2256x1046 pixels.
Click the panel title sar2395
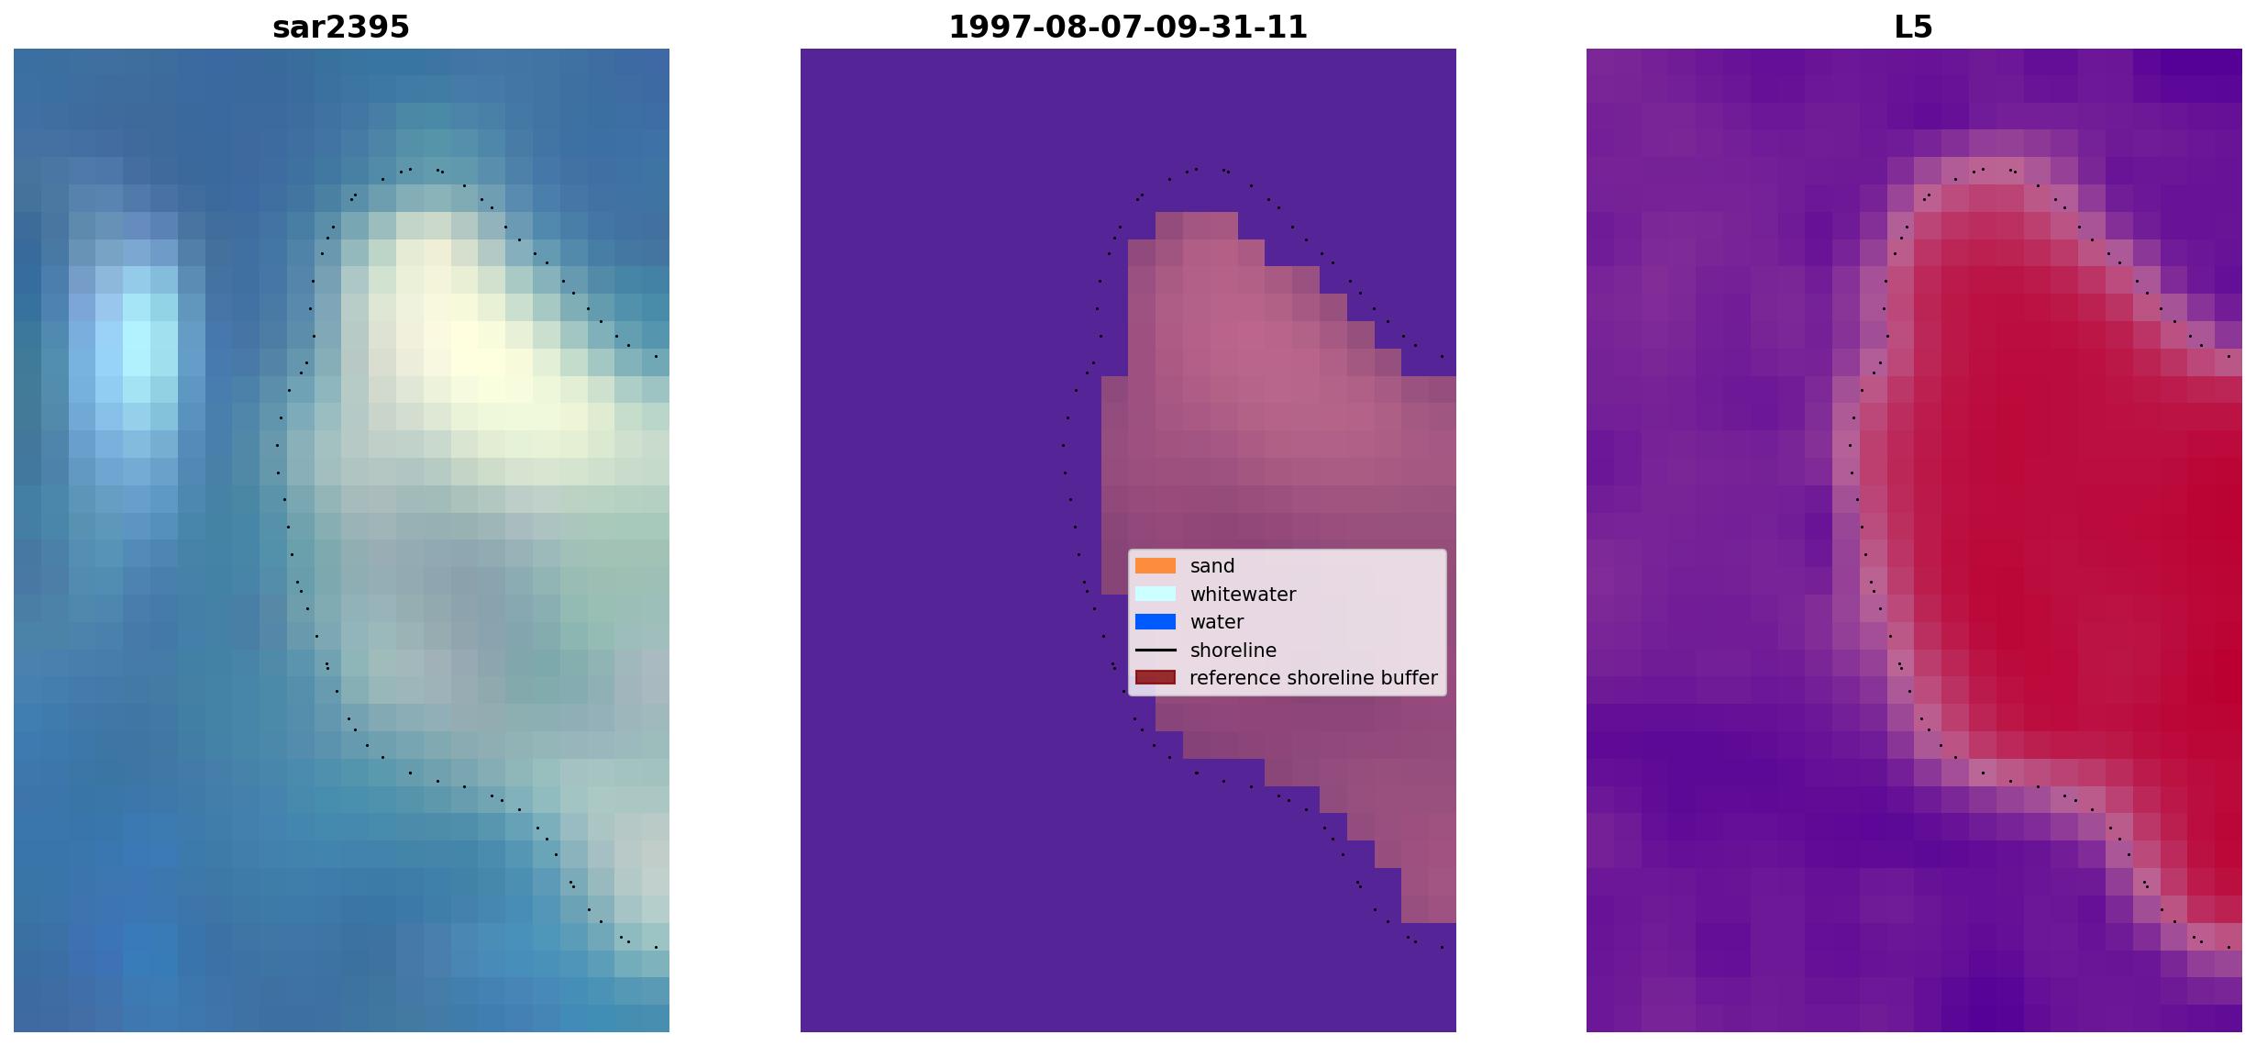click(341, 28)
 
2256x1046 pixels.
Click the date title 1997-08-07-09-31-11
click(1128, 28)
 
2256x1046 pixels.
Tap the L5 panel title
click(1914, 28)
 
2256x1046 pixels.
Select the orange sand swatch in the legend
click(1156, 566)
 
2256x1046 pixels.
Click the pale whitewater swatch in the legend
click(1156, 594)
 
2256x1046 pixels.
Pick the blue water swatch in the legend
click(1156, 622)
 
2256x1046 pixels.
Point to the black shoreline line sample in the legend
click(1156, 651)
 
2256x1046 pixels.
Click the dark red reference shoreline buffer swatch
click(1156, 678)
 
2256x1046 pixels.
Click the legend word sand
click(1212, 566)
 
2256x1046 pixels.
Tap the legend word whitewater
click(1243, 595)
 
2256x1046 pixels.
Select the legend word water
click(1217, 622)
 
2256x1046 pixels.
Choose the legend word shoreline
click(1233, 651)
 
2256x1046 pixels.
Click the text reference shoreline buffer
click(1313, 678)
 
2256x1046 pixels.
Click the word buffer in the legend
click(1410, 678)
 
